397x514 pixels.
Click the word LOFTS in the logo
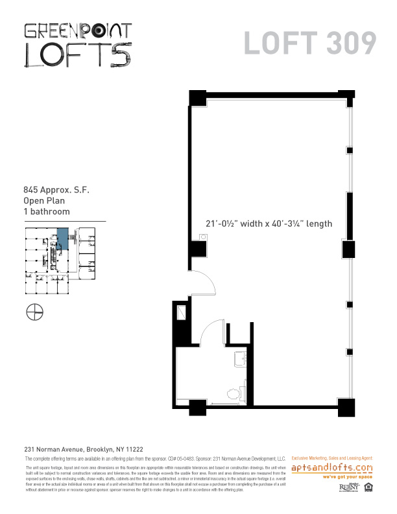tap(78, 54)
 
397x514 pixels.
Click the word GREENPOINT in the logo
tap(78, 30)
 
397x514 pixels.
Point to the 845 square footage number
tap(30, 191)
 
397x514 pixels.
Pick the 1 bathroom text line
tap(47, 211)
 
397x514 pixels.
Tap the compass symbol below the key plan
tap(35, 312)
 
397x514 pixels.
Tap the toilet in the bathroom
tap(232, 392)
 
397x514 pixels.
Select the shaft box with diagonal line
tap(182, 315)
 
